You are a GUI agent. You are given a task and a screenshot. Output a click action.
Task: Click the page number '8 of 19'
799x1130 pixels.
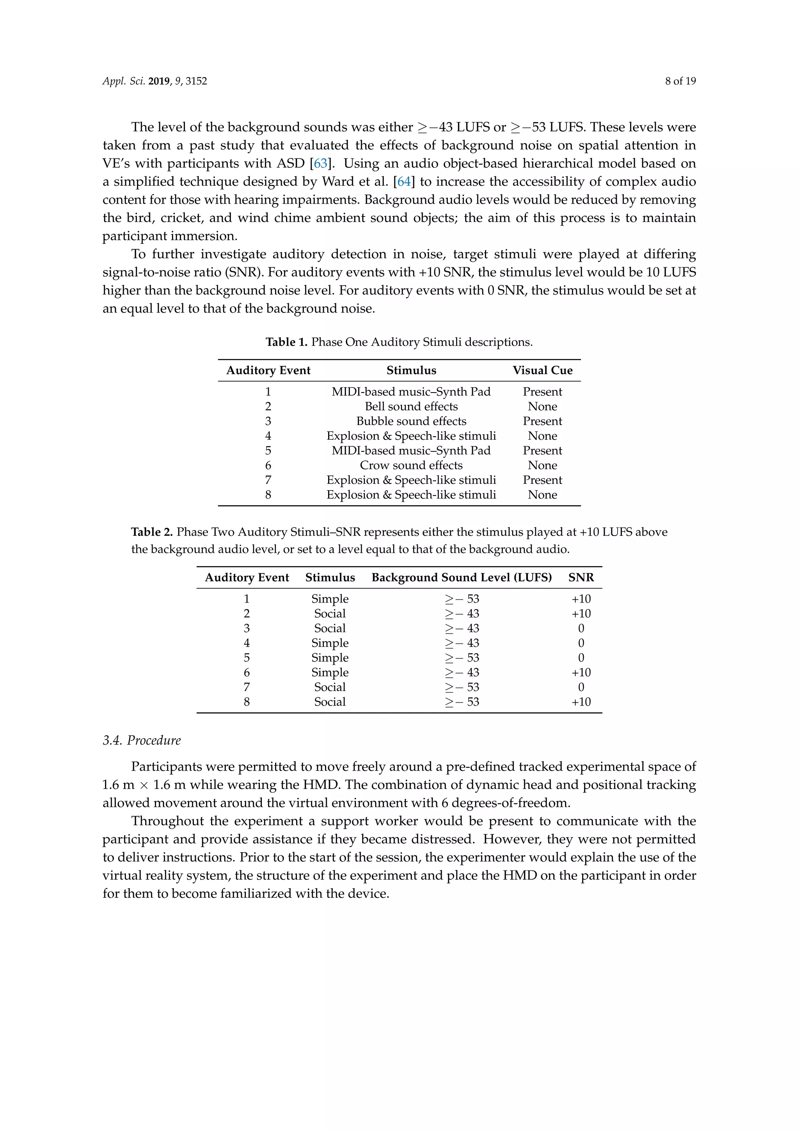point(680,81)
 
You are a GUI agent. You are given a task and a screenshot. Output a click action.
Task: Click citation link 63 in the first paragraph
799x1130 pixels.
point(320,163)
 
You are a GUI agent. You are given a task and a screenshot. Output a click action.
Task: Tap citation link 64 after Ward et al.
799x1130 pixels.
point(404,181)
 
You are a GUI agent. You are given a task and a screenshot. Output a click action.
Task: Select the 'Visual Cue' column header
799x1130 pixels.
point(542,371)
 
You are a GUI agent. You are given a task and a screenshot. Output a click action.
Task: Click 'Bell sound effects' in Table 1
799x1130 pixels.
point(411,407)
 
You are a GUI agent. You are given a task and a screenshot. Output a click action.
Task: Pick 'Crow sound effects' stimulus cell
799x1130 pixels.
point(411,466)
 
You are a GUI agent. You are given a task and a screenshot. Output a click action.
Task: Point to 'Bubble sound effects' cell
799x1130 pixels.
point(411,421)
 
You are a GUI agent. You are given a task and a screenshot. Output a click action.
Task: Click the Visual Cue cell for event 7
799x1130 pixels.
point(542,480)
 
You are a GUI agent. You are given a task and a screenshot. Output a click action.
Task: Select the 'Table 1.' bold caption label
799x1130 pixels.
point(286,342)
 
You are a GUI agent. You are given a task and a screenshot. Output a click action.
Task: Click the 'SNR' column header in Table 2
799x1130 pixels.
point(581,578)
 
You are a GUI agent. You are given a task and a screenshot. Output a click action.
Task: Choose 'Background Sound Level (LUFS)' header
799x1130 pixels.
point(461,578)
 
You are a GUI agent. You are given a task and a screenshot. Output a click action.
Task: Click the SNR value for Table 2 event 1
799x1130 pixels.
point(581,599)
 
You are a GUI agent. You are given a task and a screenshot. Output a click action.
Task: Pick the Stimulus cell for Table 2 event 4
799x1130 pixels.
point(330,643)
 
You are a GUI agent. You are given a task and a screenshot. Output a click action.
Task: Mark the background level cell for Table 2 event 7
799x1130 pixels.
point(461,688)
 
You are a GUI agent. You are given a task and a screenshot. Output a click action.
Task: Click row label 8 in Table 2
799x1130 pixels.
point(247,702)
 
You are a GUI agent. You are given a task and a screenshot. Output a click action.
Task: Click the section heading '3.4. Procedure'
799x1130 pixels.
point(142,741)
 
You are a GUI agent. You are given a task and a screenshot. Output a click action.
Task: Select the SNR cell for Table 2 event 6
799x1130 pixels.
point(581,673)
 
